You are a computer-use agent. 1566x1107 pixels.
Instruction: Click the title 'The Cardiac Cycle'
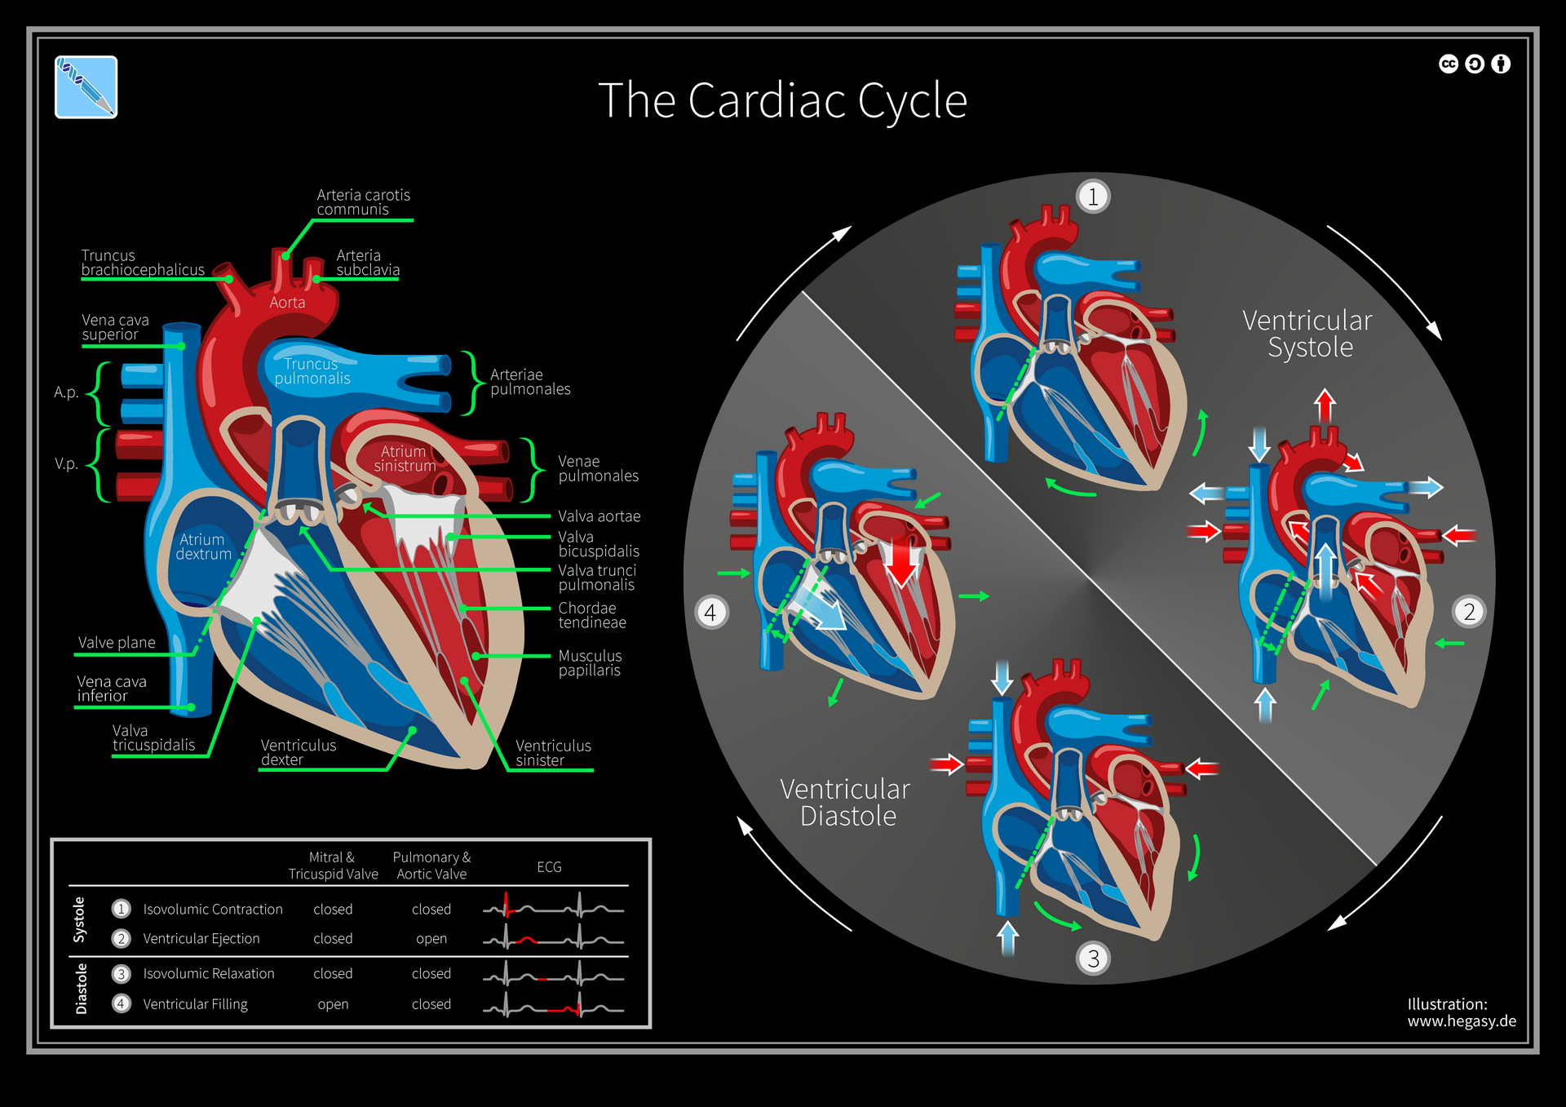pos(782,101)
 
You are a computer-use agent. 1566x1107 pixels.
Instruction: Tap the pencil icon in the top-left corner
pos(86,87)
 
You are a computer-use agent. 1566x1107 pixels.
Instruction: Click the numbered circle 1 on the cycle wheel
pos(1093,197)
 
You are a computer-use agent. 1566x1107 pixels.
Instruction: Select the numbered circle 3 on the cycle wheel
pos(1093,958)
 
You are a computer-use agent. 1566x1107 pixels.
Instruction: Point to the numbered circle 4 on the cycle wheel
pos(710,612)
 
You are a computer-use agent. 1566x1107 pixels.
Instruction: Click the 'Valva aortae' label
pos(599,516)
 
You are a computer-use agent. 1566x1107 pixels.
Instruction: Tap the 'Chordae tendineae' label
pos(592,615)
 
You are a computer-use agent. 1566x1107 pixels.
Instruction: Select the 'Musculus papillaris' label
pos(590,663)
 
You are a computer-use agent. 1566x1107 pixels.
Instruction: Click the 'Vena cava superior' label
pos(115,327)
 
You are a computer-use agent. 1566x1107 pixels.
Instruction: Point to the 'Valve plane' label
pos(117,643)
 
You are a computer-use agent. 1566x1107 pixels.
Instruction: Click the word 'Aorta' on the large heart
pos(287,303)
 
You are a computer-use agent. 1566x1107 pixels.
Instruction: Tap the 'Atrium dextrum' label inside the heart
pos(203,547)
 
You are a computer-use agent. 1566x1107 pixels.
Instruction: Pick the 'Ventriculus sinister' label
pos(553,753)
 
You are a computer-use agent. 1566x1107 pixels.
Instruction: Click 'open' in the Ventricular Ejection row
pos(431,939)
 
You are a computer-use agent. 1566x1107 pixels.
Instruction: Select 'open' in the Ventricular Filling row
pos(333,1004)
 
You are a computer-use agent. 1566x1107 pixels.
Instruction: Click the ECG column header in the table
pos(549,867)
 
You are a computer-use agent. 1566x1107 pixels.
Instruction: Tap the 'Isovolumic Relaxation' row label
pos(209,974)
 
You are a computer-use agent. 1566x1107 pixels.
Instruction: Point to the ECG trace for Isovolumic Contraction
pos(553,908)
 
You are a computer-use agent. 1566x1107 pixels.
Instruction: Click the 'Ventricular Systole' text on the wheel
pos(1307,334)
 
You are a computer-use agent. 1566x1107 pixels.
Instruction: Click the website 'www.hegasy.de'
pos(1462,1021)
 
